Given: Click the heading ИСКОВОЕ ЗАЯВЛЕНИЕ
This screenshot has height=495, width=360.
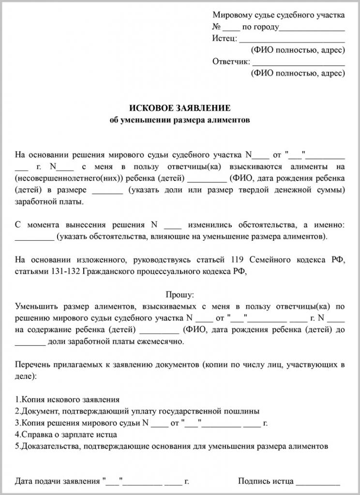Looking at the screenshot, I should [180, 108].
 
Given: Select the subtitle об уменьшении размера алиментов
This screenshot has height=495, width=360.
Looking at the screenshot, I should [180, 120].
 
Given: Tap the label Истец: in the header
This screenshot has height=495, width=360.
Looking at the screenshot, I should [225, 39].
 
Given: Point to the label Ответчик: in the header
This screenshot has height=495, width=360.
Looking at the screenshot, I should [231, 61].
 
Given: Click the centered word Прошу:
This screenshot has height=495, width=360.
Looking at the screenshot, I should [180, 294].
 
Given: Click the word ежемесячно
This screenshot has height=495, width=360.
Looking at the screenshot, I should [159, 342].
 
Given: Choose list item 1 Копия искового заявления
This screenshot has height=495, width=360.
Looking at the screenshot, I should [67, 400].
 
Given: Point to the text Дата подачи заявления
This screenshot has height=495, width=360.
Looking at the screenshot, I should [58, 481].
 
